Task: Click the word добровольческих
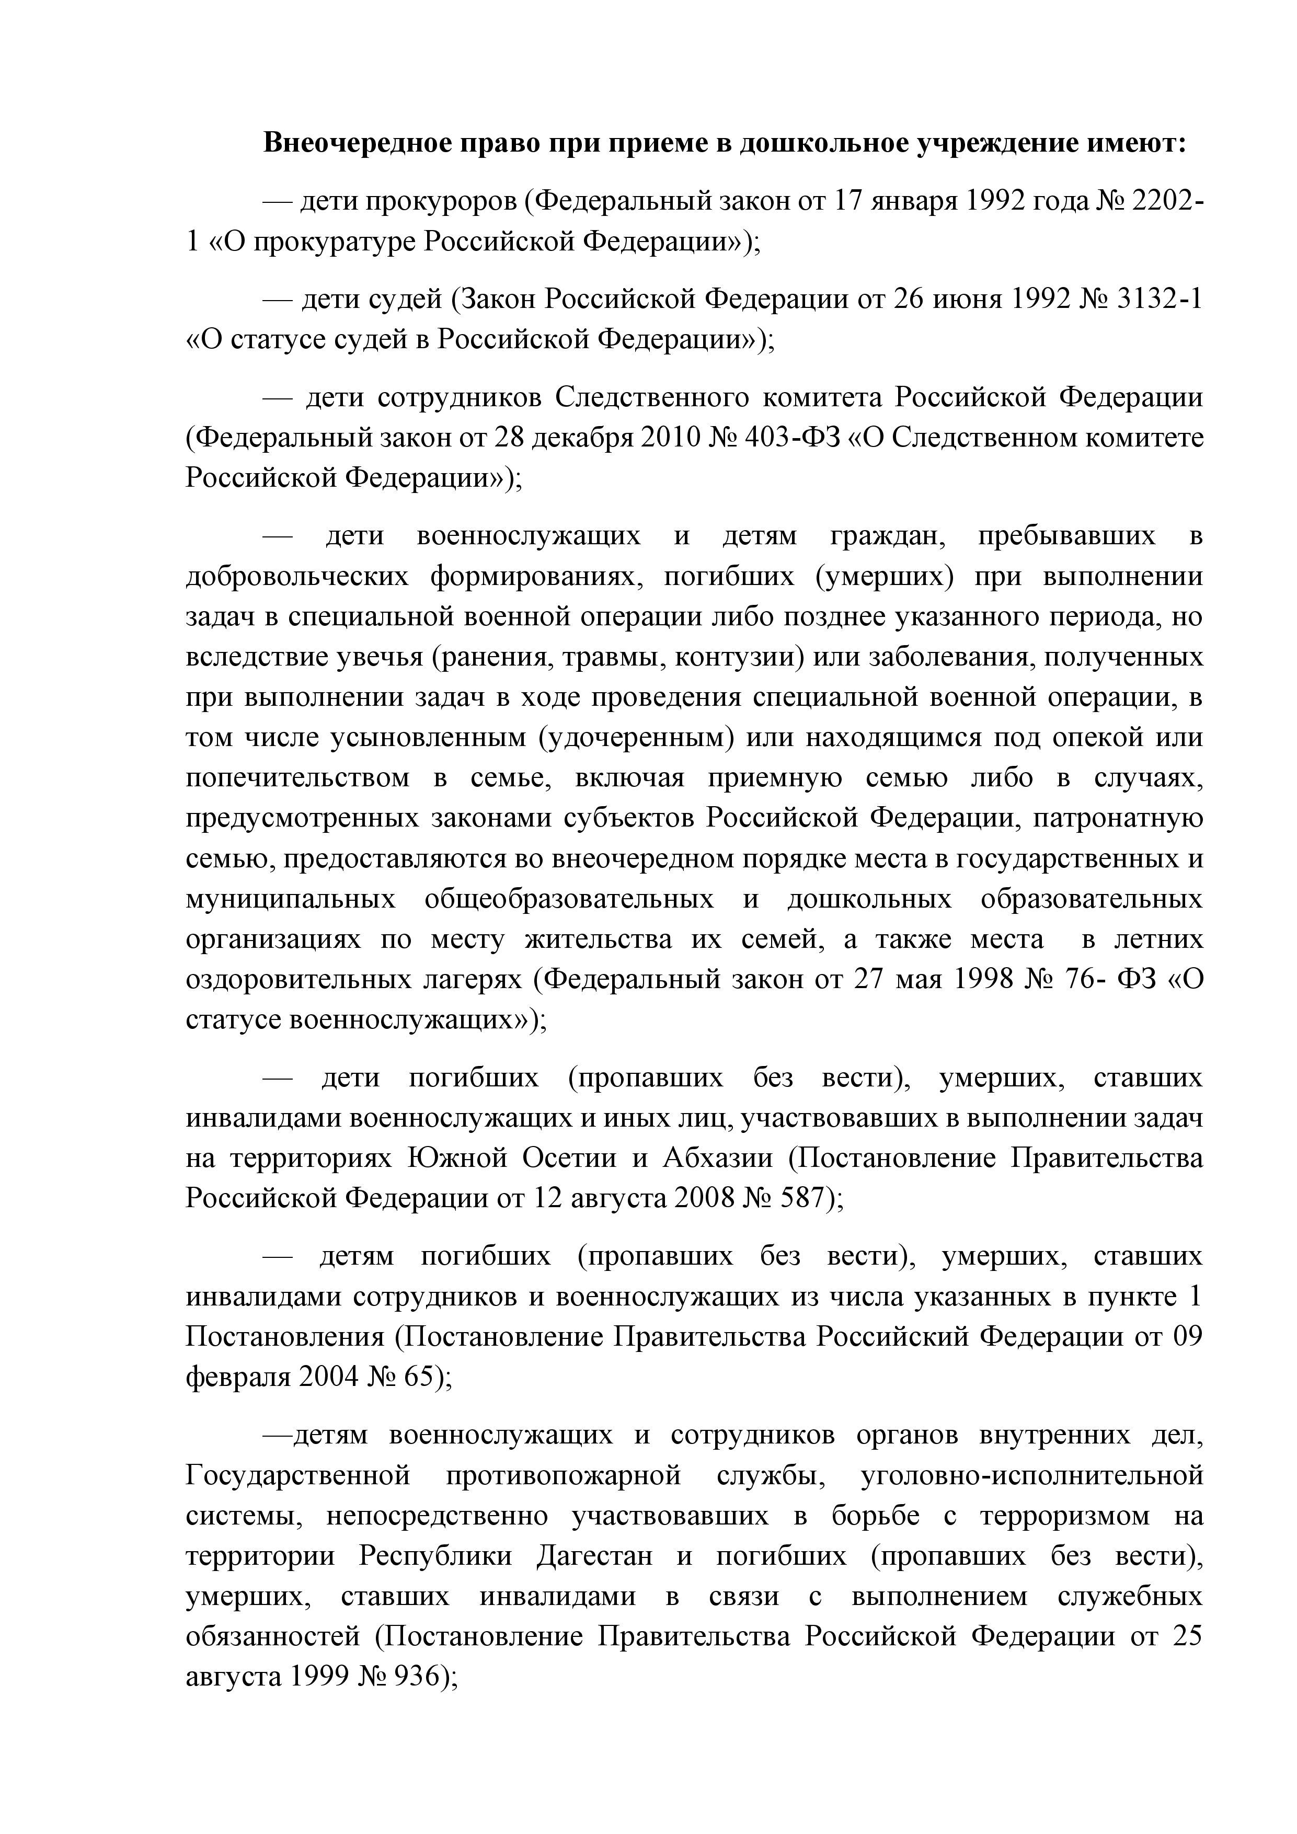[297, 577]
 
